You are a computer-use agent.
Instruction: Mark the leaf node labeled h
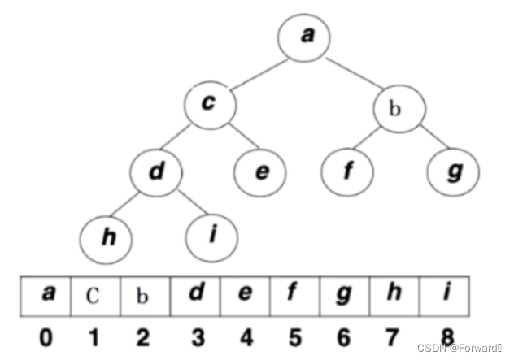106,237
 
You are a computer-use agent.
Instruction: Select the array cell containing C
95,295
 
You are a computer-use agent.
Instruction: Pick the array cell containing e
245,295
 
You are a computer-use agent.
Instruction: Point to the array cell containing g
345,295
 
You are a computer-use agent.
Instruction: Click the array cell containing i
445,295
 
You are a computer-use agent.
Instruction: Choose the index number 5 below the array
295,336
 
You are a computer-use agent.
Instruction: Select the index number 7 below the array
395,336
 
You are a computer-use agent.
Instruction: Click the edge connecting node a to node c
256,72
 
